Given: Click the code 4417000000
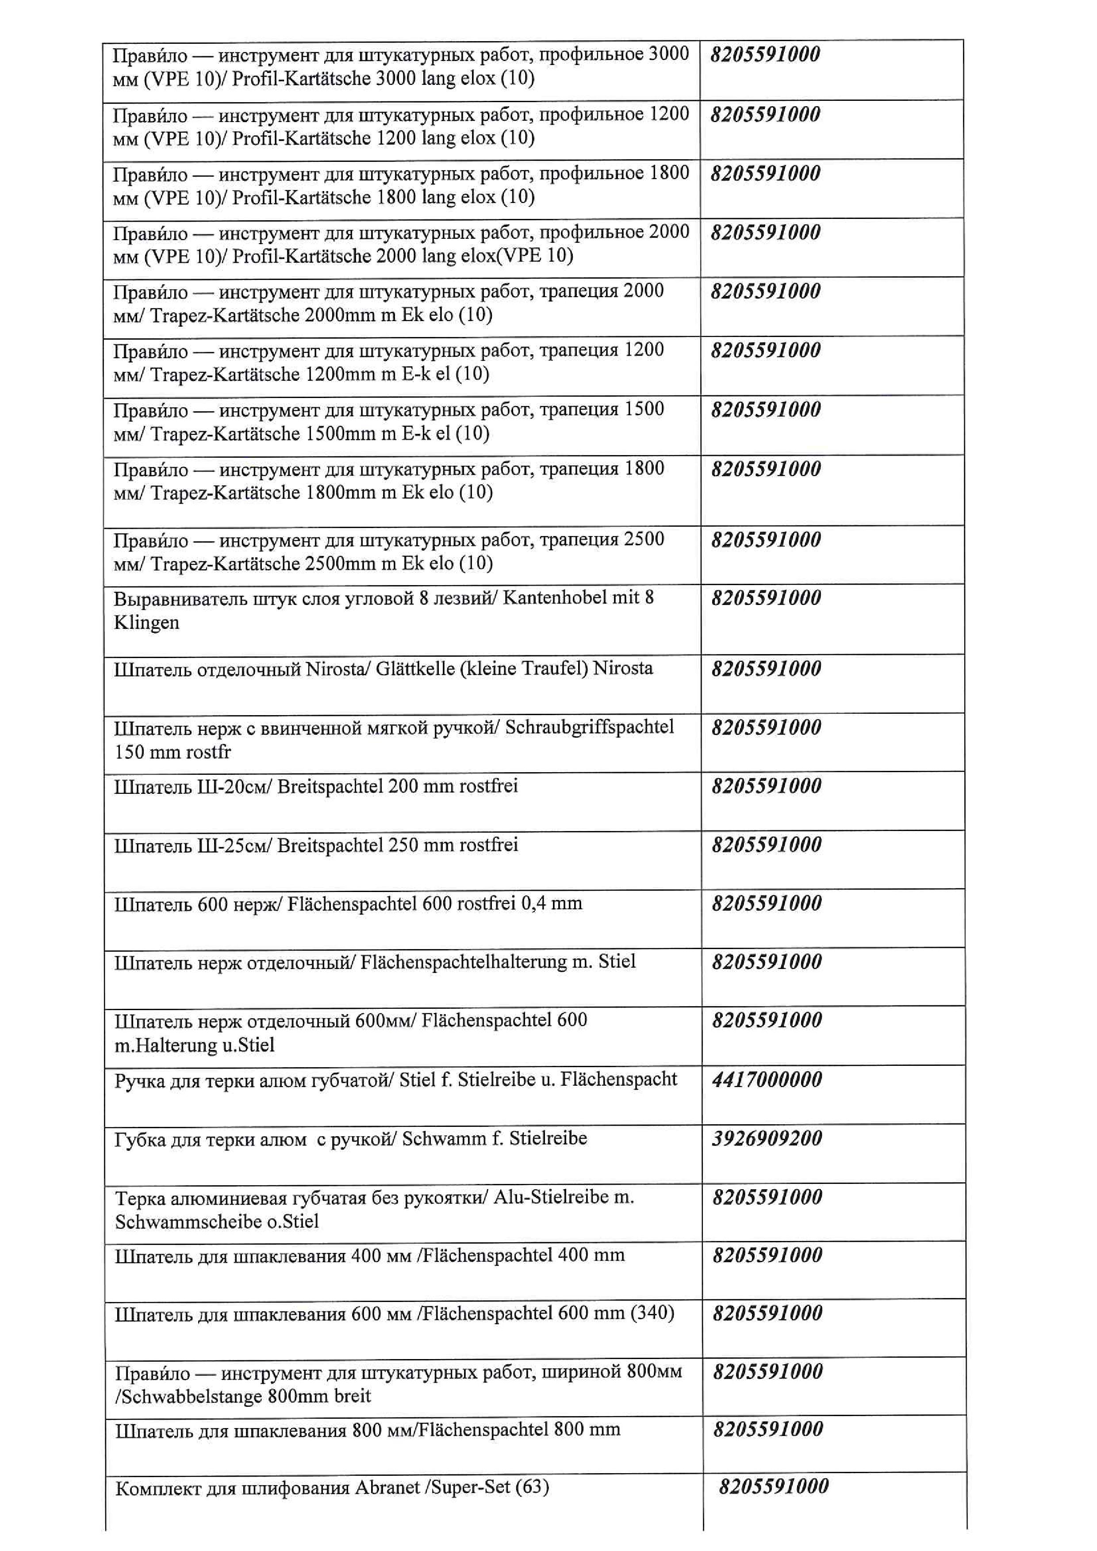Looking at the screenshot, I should tap(767, 1080).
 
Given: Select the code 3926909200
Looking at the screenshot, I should tap(767, 1138).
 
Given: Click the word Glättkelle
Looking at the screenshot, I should tap(414, 668).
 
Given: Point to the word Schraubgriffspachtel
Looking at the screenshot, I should tap(589, 727).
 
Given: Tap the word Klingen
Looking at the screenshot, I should tap(146, 622).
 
